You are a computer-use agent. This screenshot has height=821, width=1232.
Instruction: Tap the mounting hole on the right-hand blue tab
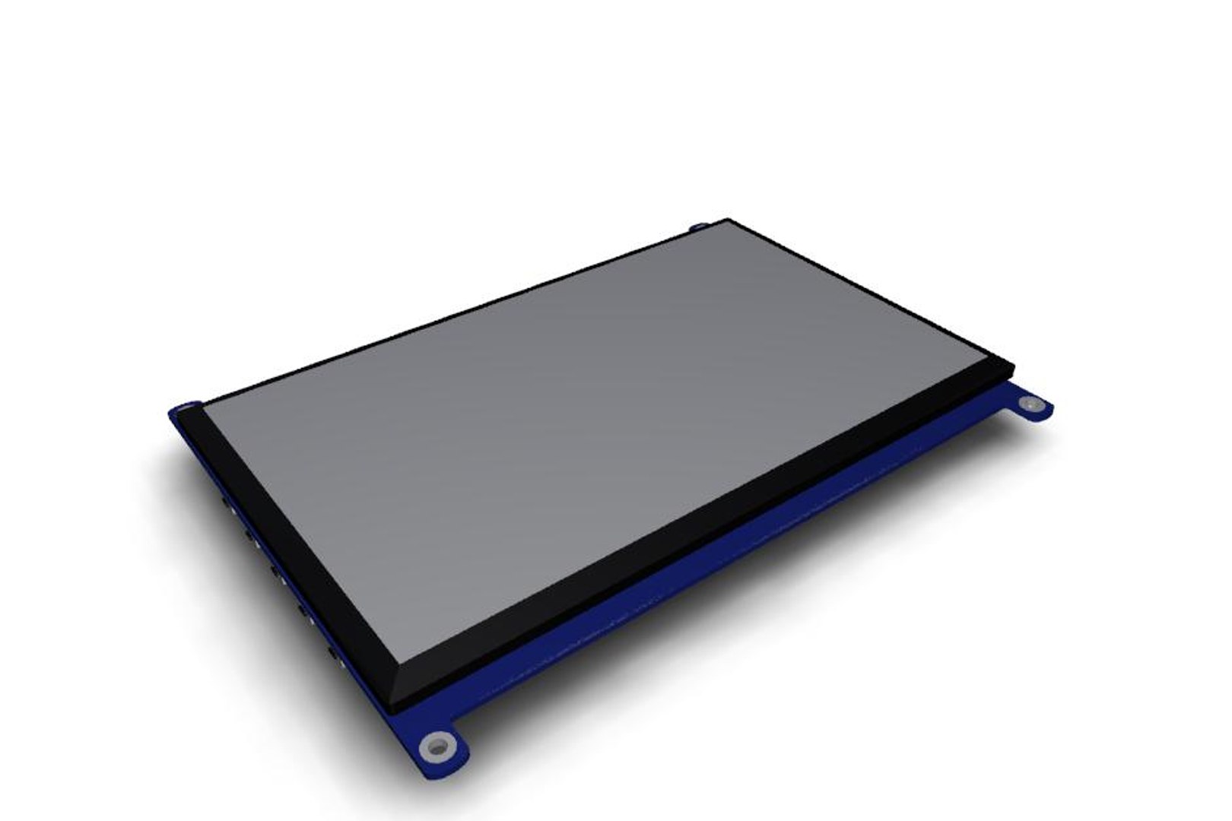(1029, 407)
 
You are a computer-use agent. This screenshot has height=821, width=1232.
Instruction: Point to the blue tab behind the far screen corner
(698, 227)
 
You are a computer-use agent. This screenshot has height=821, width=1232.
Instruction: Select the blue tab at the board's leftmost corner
(184, 410)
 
